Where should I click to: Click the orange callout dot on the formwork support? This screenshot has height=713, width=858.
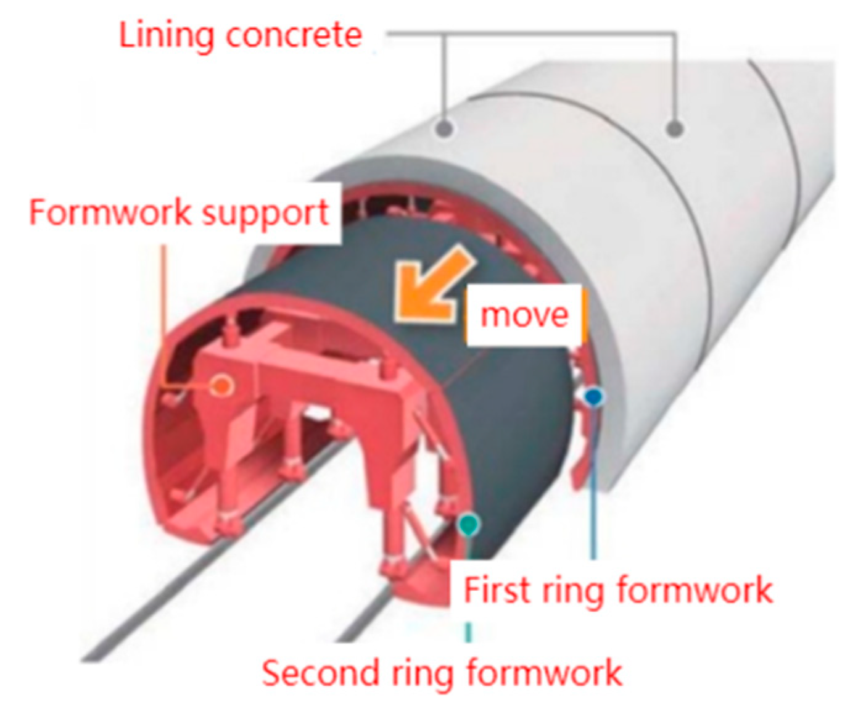coord(221,386)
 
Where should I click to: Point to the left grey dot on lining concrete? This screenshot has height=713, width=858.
coord(444,128)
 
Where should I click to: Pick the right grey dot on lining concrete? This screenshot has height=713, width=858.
coord(675,128)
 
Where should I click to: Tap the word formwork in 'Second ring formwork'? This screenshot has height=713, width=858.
coord(544,672)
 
